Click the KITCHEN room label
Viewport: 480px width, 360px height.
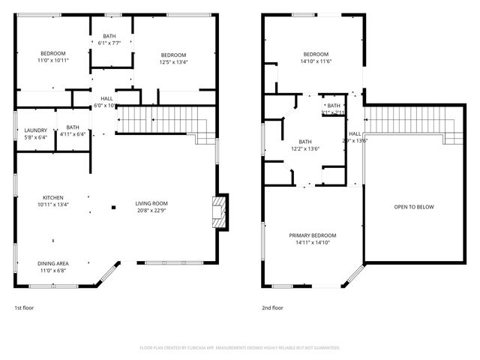pyautogui.click(x=53, y=196)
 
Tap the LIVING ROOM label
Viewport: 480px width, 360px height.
pyautogui.click(x=151, y=203)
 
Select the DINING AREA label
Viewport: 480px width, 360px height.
pyautogui.click(x=53, y=263)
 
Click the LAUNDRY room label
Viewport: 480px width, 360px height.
pyautogui.click(x=35, y=130)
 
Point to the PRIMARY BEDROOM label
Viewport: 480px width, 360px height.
pyautogui.click(x=313, y=235)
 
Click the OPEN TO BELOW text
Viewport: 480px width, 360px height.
pyautogui.click(x=414, y=207)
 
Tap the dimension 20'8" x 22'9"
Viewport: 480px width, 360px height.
pyautogui.click(x=151, y=211)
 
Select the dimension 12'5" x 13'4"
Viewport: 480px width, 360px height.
pyautogui.click(x=173, y=62)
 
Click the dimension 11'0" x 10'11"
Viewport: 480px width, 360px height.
pyautogui.click(x=53, y=60)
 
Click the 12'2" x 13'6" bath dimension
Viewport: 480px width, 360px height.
pyautogui.click(x=305, y=148)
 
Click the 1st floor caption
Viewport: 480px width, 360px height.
pyautogui.click(x=24, y=307)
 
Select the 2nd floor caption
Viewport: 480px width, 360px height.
pyautogui.click(x=272, y=307)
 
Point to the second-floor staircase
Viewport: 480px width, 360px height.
pyautogui.click(x=410, y=119)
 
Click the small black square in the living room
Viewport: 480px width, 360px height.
pyautogui.click(x=113, y=207)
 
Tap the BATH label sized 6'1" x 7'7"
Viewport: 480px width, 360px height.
pyautogui.click(x=109, y=36)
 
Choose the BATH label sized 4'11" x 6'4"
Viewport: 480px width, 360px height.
pyautogui.click(x=73, y=127)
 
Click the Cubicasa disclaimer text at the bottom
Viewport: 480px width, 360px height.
pyautogui.click(x=240, y=348)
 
